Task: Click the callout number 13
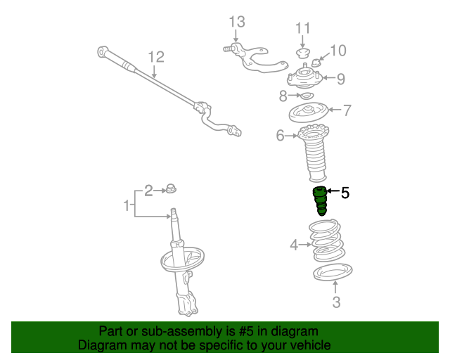pyautogui.click(x=236, y=22)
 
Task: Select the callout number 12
pyautogui.click(x=155, y=56)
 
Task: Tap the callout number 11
pyautogui.click(x=302, y=28)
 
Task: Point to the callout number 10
pyautogui.click(x=338, y=51)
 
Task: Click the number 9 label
pyautogui.click(x=340, y=79)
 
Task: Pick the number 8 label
pyautogui.click(x=283, y=95)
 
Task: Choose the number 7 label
pyautogui.click(x=347, y=110)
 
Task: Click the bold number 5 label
pyautogui.click(x=345, y=191)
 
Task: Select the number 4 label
pyautogui.click(x=294, y=245)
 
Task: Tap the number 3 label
pyautogui.click(x=336, y=302)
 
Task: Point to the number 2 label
pyautogui.click(x=148, y=189)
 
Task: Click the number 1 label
pyautogui.click(x=127, y=206)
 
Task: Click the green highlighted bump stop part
pyautogui.click(x=320, y=202)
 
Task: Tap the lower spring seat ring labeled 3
pyautogui.click(x=331, y=271)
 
